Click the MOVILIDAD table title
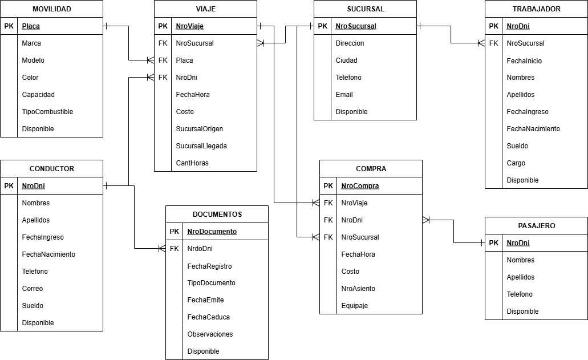(51, 9)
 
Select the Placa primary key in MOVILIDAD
(31, 26)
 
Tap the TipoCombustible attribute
(47, 112)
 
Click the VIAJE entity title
(205, 9)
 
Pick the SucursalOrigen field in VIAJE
(200, 129)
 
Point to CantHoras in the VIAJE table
(192, 163)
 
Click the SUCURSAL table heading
(365, 9)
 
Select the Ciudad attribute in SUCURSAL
(346, 60)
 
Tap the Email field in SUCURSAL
(344, 95)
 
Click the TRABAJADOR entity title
(536, 9)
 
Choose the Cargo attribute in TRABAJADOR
(516, 163)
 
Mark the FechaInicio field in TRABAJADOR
(524, 60)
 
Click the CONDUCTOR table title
(51, 169)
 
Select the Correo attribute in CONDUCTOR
(33, 289)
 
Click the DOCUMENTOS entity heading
(217, 215)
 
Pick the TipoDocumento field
(211, 283)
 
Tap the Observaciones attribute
(210, 334)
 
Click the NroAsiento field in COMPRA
(358, 289)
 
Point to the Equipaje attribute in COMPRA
(355, 306)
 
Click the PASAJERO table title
(536, 226)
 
